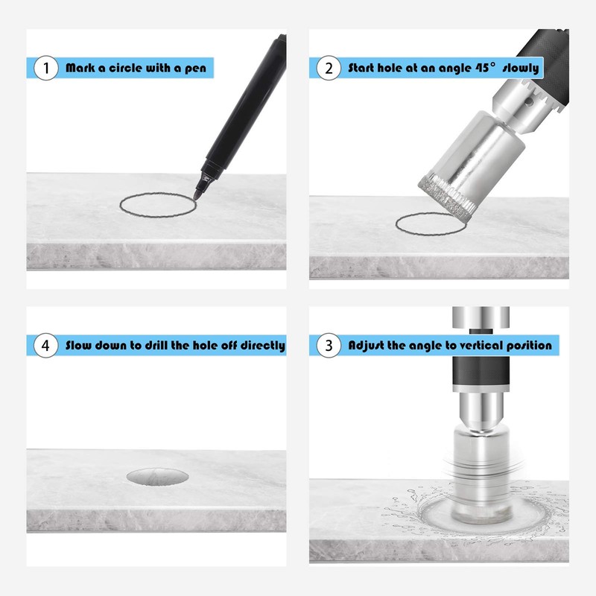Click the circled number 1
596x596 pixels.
point(46,68)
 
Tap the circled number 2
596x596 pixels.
point(329,68)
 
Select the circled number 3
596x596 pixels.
point(329,345)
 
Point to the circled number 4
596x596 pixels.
point(46,345)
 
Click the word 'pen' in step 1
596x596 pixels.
point(195,69)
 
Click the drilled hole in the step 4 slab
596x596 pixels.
point(157,477)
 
